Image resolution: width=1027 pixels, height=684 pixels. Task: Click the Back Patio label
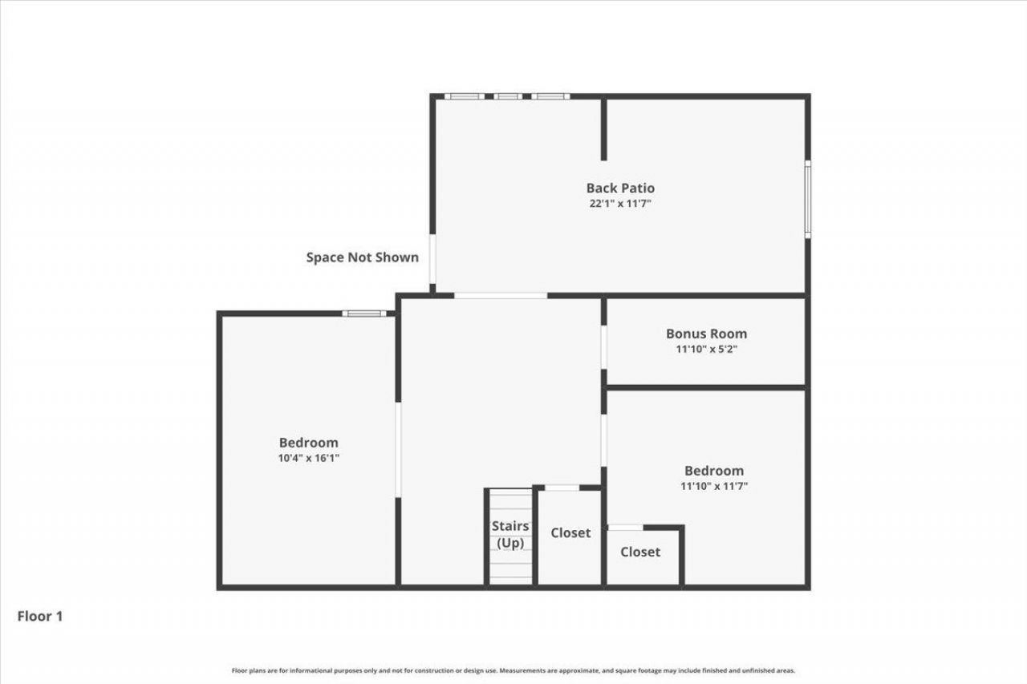click(x=620, y=188)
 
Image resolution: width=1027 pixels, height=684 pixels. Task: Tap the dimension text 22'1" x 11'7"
click(x=620, y=204)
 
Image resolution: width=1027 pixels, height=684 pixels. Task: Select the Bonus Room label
click(x=706, y=334)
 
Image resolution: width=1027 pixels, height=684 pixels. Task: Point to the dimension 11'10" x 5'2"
click(x=706, y=349)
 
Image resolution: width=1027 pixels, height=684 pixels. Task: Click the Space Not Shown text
click(x=362, y=257)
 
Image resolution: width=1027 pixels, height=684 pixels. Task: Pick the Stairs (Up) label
click(x=510, y=535)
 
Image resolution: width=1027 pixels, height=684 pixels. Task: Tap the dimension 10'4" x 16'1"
click(x=308, y=458)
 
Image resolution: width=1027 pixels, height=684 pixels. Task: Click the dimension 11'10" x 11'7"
click(x=713, y=486)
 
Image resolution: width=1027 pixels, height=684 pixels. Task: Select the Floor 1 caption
click(x=39, y=617)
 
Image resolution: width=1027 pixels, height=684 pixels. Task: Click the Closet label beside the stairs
click(x=570, y=532)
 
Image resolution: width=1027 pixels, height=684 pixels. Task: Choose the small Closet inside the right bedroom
click(x=640, y=552)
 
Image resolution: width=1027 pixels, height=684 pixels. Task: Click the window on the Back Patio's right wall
click(x=808, y=199)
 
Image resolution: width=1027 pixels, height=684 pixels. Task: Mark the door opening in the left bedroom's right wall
click(x=398, y=449)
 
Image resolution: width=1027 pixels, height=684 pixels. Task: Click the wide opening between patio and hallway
click(x=501, y=296)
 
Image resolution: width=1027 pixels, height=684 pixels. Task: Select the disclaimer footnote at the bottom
click(x=513, y=670)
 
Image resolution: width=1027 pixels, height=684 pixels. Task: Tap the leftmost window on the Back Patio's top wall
click(x=464, y=97)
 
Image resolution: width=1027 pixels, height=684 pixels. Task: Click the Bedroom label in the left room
click(x=308, y=443)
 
